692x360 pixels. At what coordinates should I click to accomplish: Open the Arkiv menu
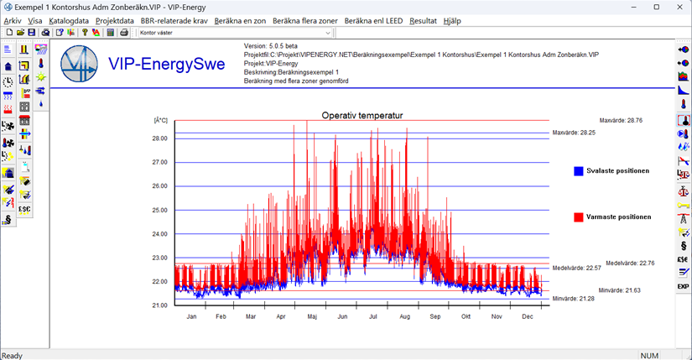click(x=13, y=20)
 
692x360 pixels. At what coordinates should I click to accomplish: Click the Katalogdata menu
click(x=69, y=20)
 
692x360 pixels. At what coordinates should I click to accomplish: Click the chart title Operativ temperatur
click(x=363, y=115)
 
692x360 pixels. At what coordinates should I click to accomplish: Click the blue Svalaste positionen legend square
click(x=579, y=171)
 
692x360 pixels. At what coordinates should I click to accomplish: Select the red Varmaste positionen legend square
click(x=579, y=217)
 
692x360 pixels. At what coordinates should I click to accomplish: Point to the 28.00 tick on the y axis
click(x=159, y=138)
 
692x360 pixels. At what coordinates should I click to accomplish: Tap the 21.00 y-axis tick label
click(x=159, y=305)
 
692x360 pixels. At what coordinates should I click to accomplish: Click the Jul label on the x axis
click(x=372, y=316)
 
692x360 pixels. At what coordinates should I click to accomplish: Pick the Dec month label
click(x=528, y=316)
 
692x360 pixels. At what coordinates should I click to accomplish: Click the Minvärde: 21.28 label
click(x=574, y=299)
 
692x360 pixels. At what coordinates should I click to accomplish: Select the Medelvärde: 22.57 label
click(x=576, y=268)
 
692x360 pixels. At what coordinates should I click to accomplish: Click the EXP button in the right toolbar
click(x=683, y=286)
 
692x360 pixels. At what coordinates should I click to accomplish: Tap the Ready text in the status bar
click(x=13, y=355)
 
